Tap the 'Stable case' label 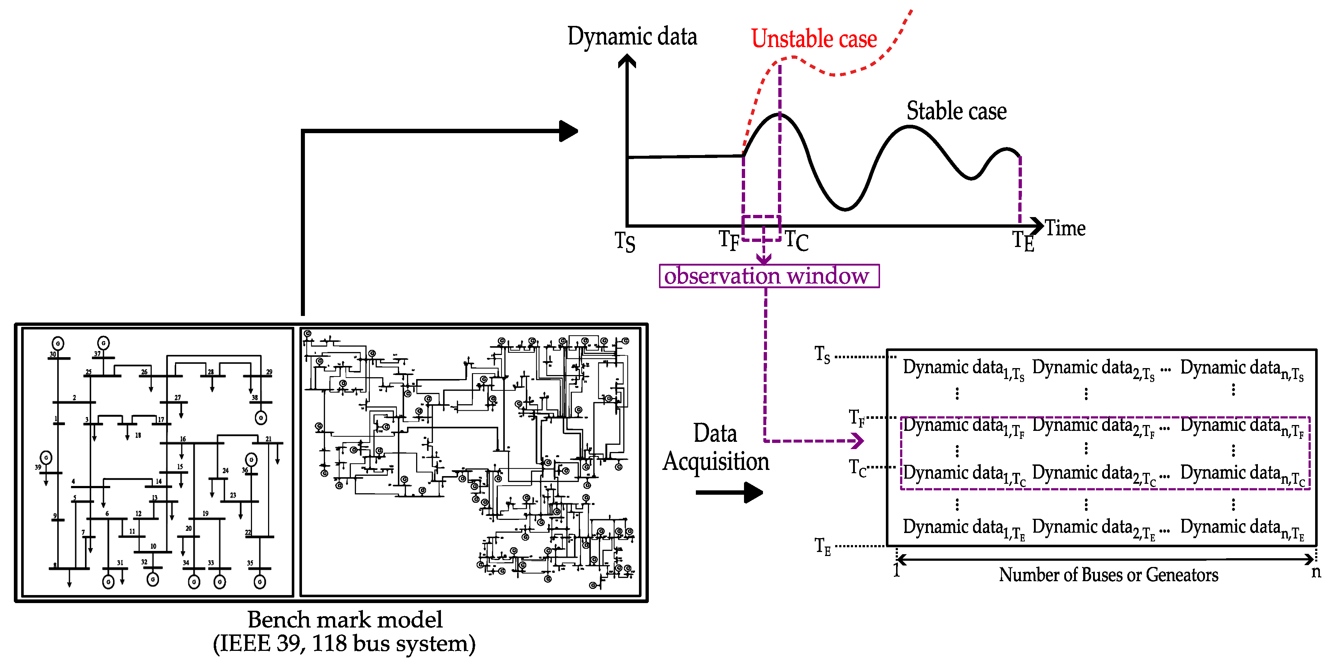pyautogui.click(x=956, y=111)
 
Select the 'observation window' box pyautogui.click(x=768, y=276)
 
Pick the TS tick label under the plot pyautogui.click(x=625, y=241)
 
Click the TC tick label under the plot pyautogui.click(x=797, y=241)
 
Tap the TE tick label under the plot pyautogui.click(x=1023, y=241)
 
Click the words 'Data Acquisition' pyautogui.click(x=716, y=447)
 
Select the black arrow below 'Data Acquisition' pyautogui.click(x=729, y=492)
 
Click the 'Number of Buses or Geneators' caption pyautogui.click(x=1108, y=575)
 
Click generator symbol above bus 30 pyautogui.click(x=58, y=343)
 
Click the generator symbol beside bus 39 pyautogui.click(x=46, y=458)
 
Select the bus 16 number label pyautogui.click(x=183, y=439)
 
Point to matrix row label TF pyautogui.click(x=856, y=417)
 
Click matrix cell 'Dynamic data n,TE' pyautogui.click(x=1241, y=528)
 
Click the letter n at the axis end pyautogui.click(x=1316, y=572)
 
